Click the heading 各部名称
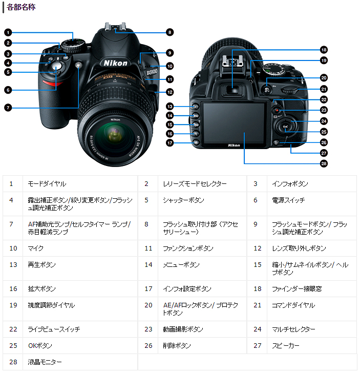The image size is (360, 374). [x=21, y=7]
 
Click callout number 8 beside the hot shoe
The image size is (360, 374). [x=170, y=32]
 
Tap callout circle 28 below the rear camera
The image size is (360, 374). [x=323, y=163]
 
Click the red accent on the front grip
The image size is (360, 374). [x=51, y=82]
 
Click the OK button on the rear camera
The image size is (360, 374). [x=285, y=127]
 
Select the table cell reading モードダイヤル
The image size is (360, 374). [x=47, y=183]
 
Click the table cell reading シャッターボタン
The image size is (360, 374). [x=183, y=200]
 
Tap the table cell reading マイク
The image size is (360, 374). [x=36, y=248]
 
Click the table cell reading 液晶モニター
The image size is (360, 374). [x=45, y=362]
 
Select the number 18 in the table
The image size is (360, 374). [x=258, y=288]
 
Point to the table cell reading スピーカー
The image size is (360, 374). [x=286, y=345]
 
